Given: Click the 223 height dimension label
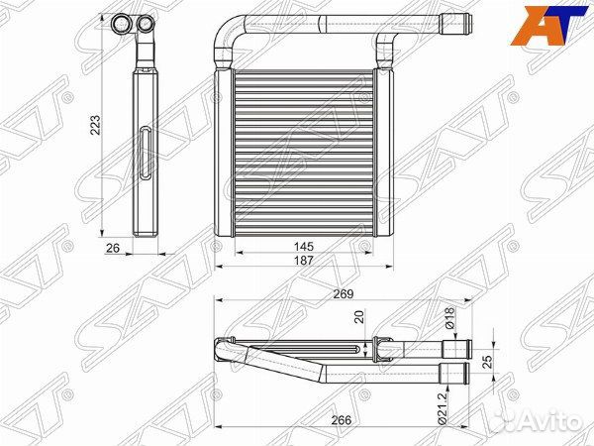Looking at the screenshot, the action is pyautogui.click(x=96, y=125).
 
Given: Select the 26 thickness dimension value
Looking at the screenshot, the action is pyautogui.click(x=113, y=248).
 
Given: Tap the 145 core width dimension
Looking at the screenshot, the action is pyautogui.click(x=304, y=247).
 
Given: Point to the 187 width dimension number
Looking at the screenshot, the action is pyautogui.click(x=304, y=260).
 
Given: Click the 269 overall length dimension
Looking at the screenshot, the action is pyautogui.click(x=344, y=294).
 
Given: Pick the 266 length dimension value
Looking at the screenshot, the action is pyautogui.click(x=342, y=420).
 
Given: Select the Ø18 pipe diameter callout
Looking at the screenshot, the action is pyautogui.click(x=448, y=318).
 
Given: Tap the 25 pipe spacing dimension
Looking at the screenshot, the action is pyautogui.click(x=489, y=362).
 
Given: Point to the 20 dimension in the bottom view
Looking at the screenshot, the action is pyautogui.click(x=359, y=317).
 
